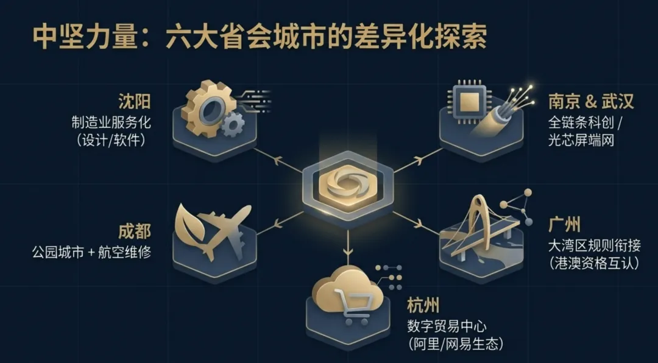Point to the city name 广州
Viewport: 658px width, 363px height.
pyautogui.click(x=564, y=225)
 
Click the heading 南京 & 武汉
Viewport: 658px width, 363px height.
pyautogui.click(x=590, y=100)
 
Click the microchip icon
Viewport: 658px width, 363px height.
pyautogui.click(x=467, y=101)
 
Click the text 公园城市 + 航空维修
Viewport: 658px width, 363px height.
pyautogui.click(x=91, y=250)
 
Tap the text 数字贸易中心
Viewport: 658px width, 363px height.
pyautogui.click(x=447, y=325)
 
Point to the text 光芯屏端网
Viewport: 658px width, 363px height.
pyautogui.click(x=581, y=139)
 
